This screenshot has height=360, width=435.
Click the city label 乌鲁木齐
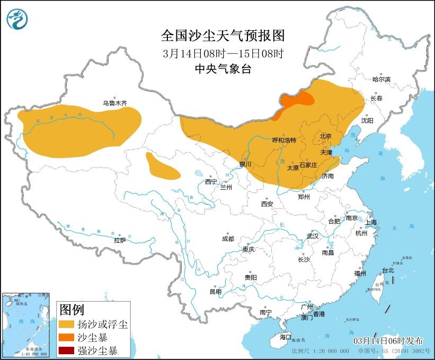(x=115, y=103)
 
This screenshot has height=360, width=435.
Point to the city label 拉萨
(x=120, y=240)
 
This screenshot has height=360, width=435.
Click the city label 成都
(x=228, y=239)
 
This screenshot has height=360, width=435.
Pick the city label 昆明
(x=216, y=291)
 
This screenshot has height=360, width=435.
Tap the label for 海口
(x=285, y=337)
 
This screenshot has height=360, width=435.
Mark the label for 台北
(x=388, y=270)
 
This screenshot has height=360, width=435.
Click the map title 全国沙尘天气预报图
(x=223, y=36)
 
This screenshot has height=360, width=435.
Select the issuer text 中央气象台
(x=223, y=69)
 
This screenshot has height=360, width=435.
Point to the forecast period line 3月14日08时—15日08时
(x=223, y=53)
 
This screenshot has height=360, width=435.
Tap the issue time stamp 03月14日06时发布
(x=390, y=339)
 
